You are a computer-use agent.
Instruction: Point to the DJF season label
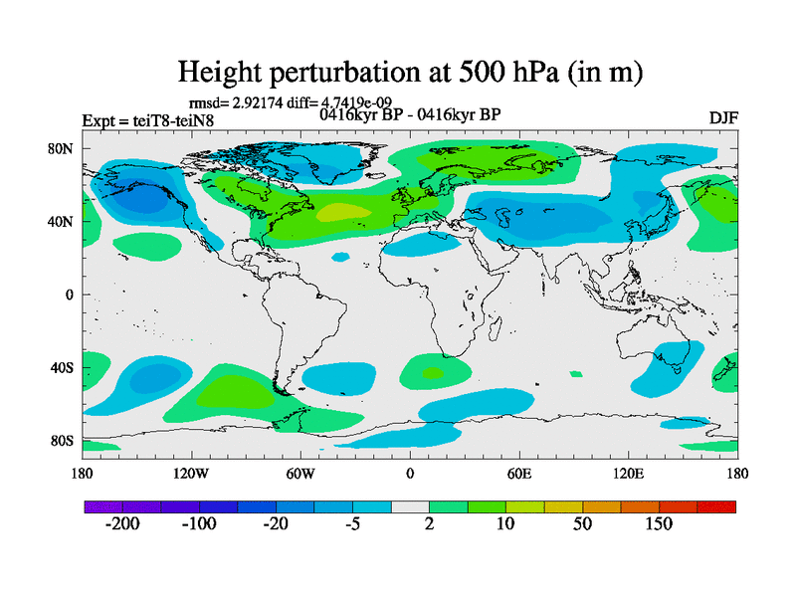[x=723, y=118]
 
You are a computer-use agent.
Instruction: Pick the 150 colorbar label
[x=659, y=525]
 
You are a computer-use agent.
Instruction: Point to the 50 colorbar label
[x=582, y=525]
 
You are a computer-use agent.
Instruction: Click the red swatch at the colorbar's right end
[x=723, y=506]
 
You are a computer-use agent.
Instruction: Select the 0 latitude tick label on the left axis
[x=71, y=295]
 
